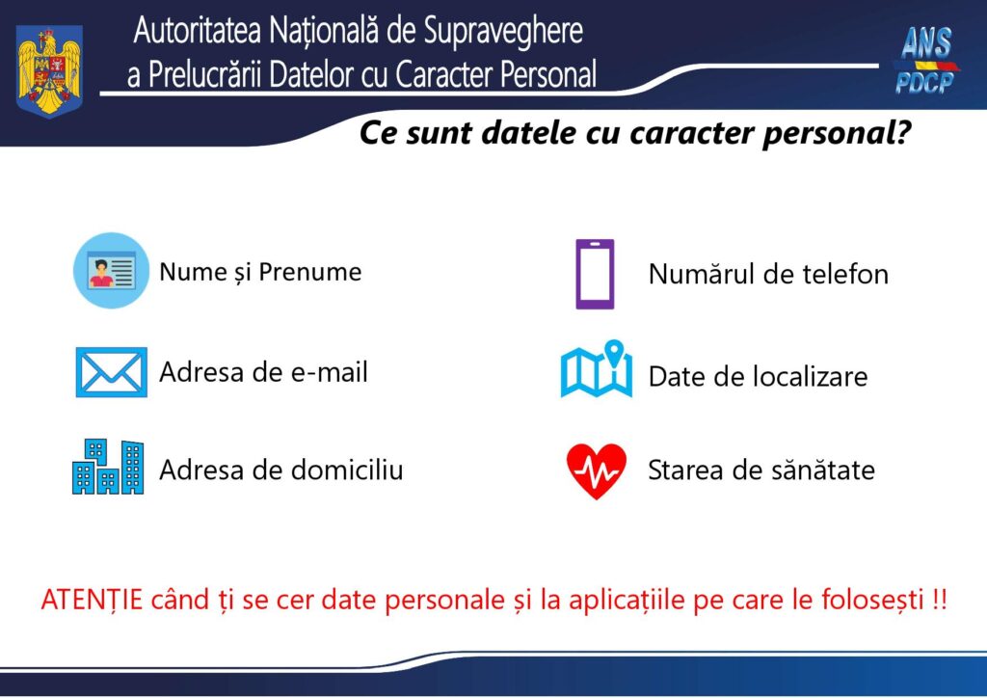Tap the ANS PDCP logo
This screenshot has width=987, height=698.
pyautogui.click(x=924, y=61)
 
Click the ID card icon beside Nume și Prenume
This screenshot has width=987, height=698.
pyautogui.click(x=111, y=270)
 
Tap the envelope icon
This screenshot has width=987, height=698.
pyautogui.click(x=111, y=372)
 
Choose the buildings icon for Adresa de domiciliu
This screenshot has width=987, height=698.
pyautogui.click(x=108, y=468)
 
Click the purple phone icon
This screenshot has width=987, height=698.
pyautogui.click(x=595, y=274)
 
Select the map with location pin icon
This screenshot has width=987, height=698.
pyautogui.click(x=597, y=369)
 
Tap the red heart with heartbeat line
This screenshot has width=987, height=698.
pyautogui.click(x=596, y=470)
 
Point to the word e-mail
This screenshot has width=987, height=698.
pyautogui.click(x=329, y=372)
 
